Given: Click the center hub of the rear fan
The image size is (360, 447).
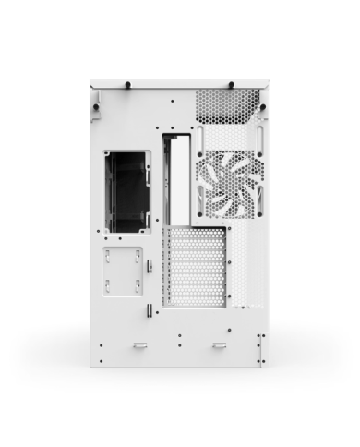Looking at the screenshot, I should pos(229,183).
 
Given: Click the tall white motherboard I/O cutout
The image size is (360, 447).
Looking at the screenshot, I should pos(179,179).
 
